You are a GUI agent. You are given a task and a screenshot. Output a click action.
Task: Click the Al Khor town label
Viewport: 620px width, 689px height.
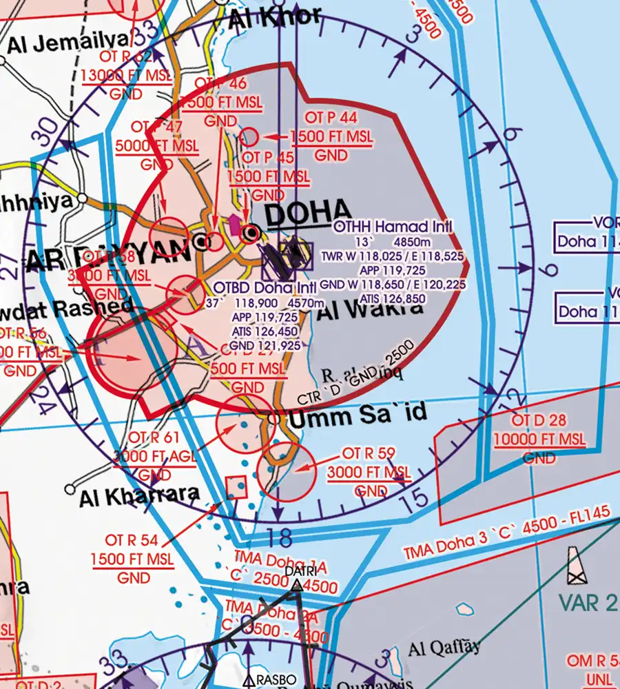pos(276,17)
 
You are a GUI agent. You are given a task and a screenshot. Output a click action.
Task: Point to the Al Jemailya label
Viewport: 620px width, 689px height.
pos(69,43)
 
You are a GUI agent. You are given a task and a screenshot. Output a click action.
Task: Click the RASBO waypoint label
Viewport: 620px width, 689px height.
pos(276,680)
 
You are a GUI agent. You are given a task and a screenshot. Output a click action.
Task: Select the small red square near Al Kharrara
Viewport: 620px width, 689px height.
pos(236,487)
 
